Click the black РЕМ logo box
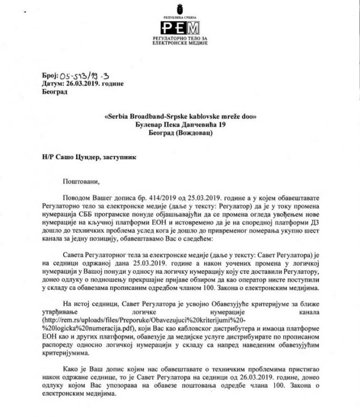[180, 27]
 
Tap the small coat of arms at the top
[180, 8]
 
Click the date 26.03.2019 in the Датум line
[83, 84]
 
